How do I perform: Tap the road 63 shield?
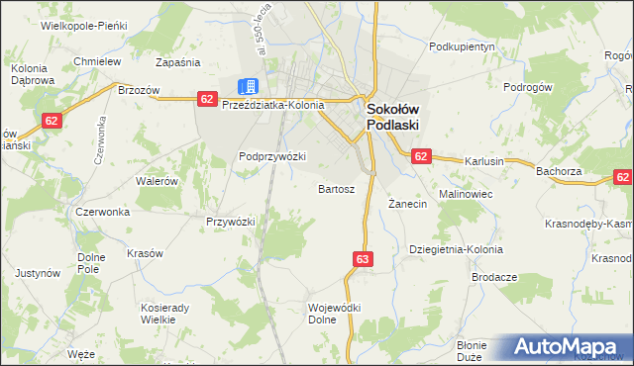click(x=362, y=259)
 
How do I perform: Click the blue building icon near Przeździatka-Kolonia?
click(x=249, y=87)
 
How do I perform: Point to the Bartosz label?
click(x=336, y=188)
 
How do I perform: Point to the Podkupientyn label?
click(x=462, y=46)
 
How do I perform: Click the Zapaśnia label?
click(x=178, y=61)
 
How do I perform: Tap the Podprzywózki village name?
click(x=272, y=156)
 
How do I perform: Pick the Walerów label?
click(x=157, y=181)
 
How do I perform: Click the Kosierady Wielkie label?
click(x=165, y=314)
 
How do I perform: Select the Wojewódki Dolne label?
click(x=335, y=314)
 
